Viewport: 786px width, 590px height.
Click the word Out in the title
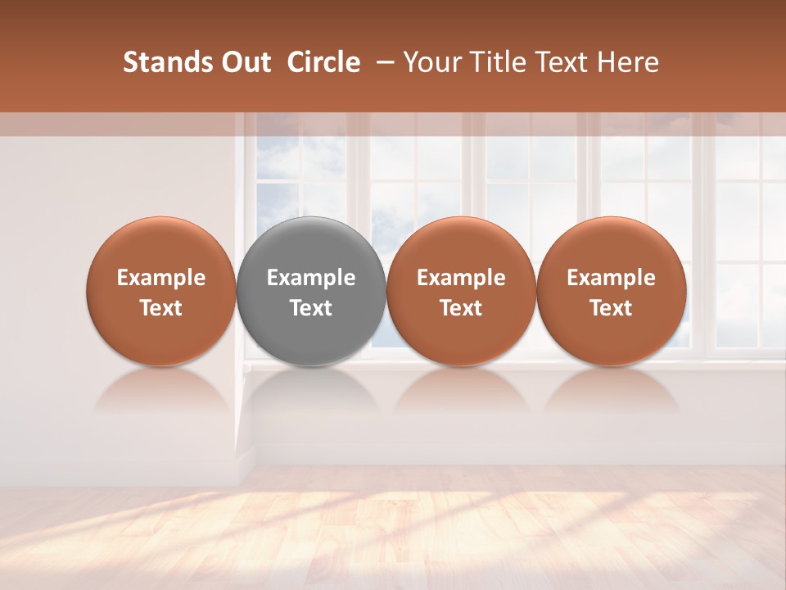(x=243, y=62)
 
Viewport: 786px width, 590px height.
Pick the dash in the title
(x=382, y=62)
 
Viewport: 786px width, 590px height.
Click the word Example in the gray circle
(x=311, y=278)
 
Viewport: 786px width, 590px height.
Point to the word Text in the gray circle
(x=311, y=308)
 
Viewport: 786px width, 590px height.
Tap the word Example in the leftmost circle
(x=160, y=278)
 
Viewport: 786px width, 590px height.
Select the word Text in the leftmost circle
(x=160, y=308)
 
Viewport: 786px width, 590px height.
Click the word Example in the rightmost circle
(x=611, y=278)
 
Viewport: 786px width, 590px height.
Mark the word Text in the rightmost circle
(x=611, y=308)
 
